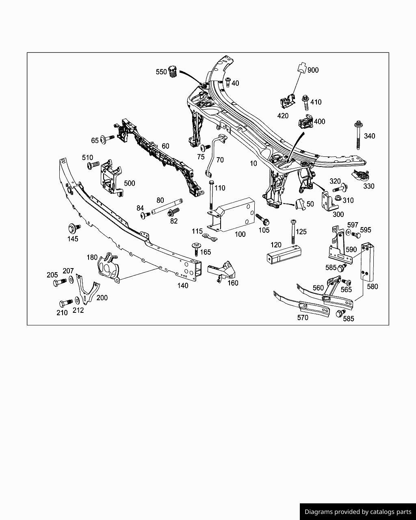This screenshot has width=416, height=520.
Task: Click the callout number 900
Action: pyautogui.click(x=313, y=70)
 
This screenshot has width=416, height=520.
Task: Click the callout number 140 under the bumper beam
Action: pyautogui.click(x=183, y=286)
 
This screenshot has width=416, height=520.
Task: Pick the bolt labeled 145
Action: pyautogui.click(x=74, y=227)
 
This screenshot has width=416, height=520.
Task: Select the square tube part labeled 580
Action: pyautogui.click(x=367, y=262)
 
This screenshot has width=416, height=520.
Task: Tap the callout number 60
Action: pyautogui.click(x=165, y=146)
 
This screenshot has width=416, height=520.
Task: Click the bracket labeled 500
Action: pyautogui.click(x=110, y=178)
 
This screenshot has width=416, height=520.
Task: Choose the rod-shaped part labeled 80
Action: pyautogui.click(x=167, y=206)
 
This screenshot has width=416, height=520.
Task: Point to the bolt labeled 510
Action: pyautogui.click(x=93, y=165)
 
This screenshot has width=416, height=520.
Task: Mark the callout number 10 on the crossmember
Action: pyautogui.click(x=253, y=163)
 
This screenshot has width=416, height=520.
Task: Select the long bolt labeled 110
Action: pyautogui.click(x=210, y=196)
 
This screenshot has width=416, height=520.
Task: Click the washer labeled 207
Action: pyautogui.click(x=71, y=279)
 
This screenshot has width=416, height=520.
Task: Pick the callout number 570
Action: pyautogui.click(x=303, y=318)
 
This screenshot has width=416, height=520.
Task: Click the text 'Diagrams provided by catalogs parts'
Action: pyautogui.click(x=358, y=512)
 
